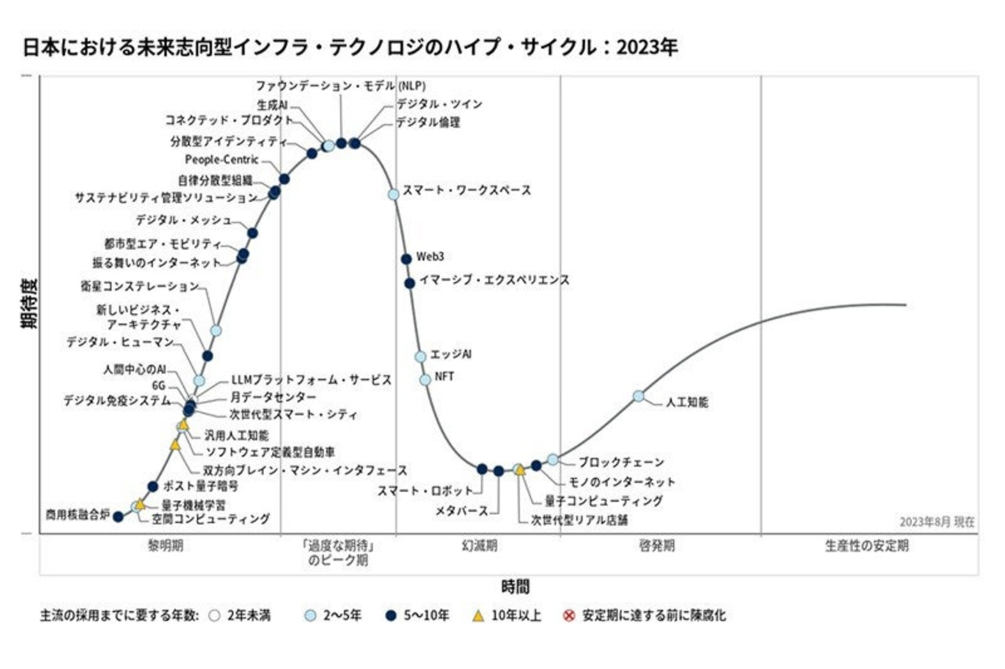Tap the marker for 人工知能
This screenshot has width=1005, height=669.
[639, 396]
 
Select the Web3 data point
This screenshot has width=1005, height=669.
[406, 259]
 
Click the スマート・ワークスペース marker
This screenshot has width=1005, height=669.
[394, 194]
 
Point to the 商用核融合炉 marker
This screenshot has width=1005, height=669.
[118, 517]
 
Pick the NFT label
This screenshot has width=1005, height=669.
[444, 377]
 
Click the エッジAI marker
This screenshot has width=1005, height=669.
[420, 356]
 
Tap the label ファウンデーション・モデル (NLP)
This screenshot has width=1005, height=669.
[340, 86]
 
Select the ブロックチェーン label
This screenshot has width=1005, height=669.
[620, 462]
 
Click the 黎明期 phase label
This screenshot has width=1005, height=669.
[165, 546]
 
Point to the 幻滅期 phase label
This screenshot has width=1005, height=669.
[479, 546]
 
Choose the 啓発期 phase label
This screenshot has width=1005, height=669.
[657, 546]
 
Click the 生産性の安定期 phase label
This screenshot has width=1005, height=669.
[867, 546]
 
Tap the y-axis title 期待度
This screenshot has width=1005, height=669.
[29, 303]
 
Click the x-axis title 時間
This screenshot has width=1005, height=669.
[515, 587]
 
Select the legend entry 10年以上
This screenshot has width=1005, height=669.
[516, 615]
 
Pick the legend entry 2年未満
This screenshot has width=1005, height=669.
[248, 615]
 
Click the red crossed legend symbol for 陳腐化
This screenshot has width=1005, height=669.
[569, 615]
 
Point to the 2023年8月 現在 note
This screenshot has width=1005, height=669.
[937, 522]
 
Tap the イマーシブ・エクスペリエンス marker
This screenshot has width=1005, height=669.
[410, 283]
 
